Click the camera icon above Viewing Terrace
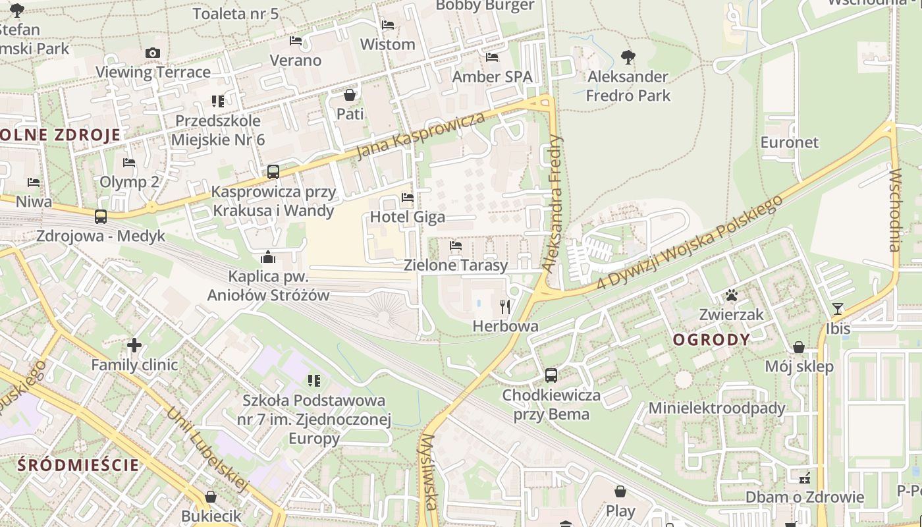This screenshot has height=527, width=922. tap(153, 53)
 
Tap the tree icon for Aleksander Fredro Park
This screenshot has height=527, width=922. tap(628, 57)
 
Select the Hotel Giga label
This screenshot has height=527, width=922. tap(407, 217)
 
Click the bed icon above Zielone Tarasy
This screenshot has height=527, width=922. tap(455, 246)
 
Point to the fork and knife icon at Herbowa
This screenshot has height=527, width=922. tap(505, 306)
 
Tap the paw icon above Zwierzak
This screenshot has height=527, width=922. tap(732, 295)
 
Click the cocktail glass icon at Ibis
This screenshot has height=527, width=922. tap(837, 308)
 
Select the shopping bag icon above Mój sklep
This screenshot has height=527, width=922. tap(799, 347)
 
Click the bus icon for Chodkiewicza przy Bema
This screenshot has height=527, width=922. tap(551, 375)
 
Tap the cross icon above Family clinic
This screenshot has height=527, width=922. tap(134, 345)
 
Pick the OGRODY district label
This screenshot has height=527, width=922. tap(711, 340)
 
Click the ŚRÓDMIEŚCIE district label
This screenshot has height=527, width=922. tap(78, 465)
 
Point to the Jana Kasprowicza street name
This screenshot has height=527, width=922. tap(420, 136)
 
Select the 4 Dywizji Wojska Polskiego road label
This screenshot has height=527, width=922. tap(689, 242)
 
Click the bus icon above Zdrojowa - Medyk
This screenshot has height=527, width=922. tap(101, 217)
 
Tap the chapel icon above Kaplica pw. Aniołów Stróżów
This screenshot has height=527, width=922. tap(268, 256)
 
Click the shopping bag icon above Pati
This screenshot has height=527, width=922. tap(350, 95)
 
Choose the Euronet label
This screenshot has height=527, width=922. tap(789, 142)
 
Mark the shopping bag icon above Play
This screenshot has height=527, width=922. tap(620, 491)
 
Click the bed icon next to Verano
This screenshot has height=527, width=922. tap(296, 41)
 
